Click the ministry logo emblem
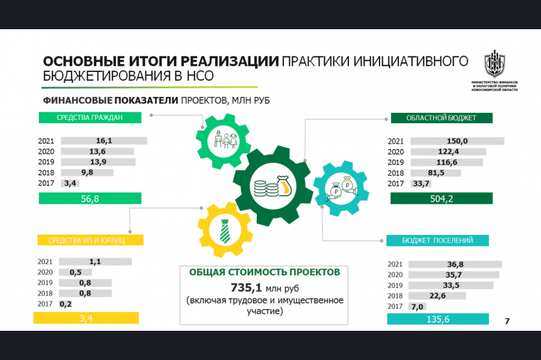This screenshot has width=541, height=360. pos(494,63)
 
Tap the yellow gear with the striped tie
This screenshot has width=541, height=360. pos(225,230)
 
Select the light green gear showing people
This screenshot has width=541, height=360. pos(223,141)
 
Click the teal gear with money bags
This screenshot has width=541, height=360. pos(341,189)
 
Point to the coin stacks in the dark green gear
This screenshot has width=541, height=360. pos(267,189)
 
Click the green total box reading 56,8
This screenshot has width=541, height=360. pos(90,198)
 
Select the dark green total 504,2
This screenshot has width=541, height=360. pos(441,198)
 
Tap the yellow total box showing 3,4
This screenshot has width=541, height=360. pos(86,318)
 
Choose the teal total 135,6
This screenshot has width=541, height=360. pos(438,319)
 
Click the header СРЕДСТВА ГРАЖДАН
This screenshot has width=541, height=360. pos(90,117)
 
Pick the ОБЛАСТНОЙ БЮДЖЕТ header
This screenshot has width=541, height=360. pos(442,117)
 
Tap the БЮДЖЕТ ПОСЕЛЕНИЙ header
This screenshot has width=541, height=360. pos(437,240)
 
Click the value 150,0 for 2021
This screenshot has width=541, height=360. pos(457,141)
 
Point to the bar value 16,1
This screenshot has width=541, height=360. pos(104,141)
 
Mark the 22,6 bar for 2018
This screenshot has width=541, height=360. pos(437,296)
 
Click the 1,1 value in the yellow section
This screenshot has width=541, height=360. pos(95,261)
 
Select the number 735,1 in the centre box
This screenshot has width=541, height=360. pos(246,287)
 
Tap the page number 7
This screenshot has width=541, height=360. pos(507,321)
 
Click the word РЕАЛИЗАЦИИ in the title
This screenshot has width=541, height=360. pos(230,61)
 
